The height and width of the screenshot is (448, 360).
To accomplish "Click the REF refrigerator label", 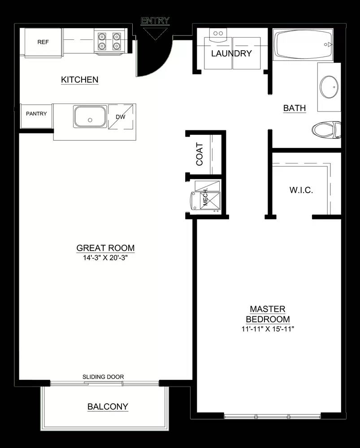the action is pyautogui.click(x=43, y=42).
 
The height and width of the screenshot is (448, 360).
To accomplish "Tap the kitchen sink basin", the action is pyautogui.click(x=90, y=116).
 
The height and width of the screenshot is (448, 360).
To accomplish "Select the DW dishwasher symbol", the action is pyautogui.click(x=121, y=117).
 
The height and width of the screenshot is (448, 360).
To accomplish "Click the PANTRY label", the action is pyautogui.click(x=36, y=114).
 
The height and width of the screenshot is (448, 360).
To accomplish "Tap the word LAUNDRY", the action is pyautogui.click(x=231, y=53).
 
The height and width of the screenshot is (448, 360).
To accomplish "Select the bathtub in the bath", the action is pyautogui.click(x=303, y=44).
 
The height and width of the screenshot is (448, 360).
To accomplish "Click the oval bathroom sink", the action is pyautogui.click(x=329, y=87).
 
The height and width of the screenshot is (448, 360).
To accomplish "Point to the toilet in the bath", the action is pyautogui.click(x=326, y=130).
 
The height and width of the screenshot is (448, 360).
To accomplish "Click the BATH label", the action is pyautogui.click(x=295, y=108).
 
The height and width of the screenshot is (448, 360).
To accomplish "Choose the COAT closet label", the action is pyautogui.click(x=200, y=154).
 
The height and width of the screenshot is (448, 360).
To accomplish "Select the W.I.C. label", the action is pyautogui.click(x=301, y=190).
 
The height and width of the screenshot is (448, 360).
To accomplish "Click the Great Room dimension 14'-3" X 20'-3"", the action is pyautogui.click(x=105, y=258).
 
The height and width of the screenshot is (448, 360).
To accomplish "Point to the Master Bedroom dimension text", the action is pyautogui.click(x=268, y=329).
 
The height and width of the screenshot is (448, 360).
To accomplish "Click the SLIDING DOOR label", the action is pyautogui.click(x=103, y=377).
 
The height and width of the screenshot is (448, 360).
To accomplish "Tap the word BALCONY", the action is pyautogui.click(x=108, y=407).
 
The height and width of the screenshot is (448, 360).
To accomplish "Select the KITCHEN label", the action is pyautogui.click(x=80, y=80).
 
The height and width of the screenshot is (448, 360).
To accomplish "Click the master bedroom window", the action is pyautogui.click(x=273, y=416).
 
